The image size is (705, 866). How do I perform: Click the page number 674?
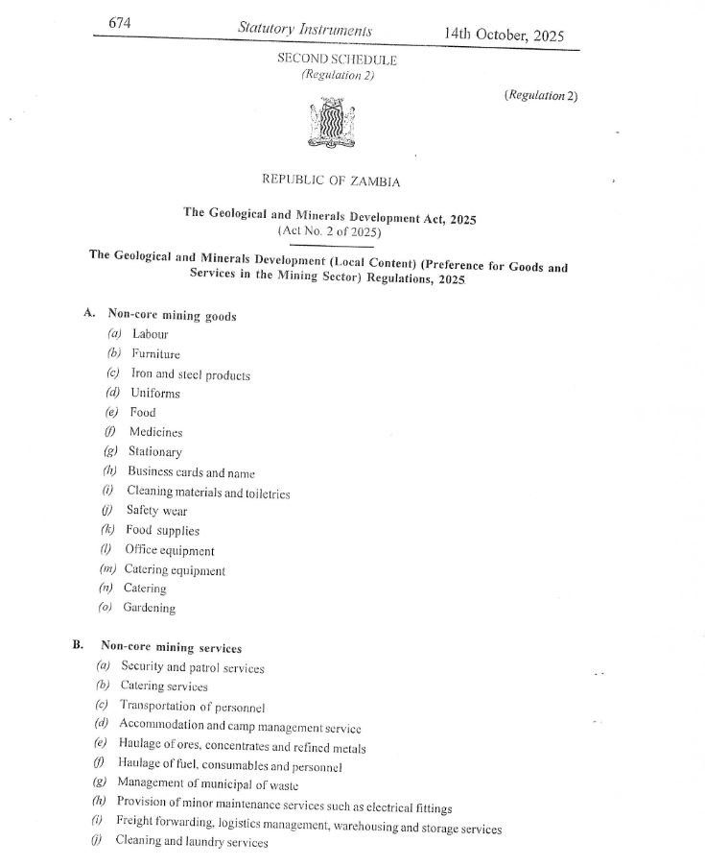[119, 21]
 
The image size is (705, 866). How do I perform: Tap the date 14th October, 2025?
[503, 35]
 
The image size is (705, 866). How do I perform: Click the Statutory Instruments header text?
[304, 30]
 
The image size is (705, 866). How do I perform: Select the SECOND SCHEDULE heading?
[337, 59]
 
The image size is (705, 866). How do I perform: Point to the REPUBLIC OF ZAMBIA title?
[331, 180]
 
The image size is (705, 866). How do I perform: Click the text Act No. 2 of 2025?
[329, 231]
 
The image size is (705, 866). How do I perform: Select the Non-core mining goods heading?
[172, 315]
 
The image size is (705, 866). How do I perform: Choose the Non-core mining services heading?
[171, 648]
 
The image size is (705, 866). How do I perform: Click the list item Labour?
[150, 334]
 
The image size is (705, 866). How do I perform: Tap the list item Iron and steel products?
[190, 374]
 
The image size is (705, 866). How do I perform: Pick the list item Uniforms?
[155, 394]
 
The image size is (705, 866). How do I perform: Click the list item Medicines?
[155, 432]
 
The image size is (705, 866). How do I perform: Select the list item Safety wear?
[156, 511]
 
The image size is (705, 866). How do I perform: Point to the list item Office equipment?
[170, 551]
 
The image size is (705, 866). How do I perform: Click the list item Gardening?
[149, 608]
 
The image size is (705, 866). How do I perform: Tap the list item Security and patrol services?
[192, 667]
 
